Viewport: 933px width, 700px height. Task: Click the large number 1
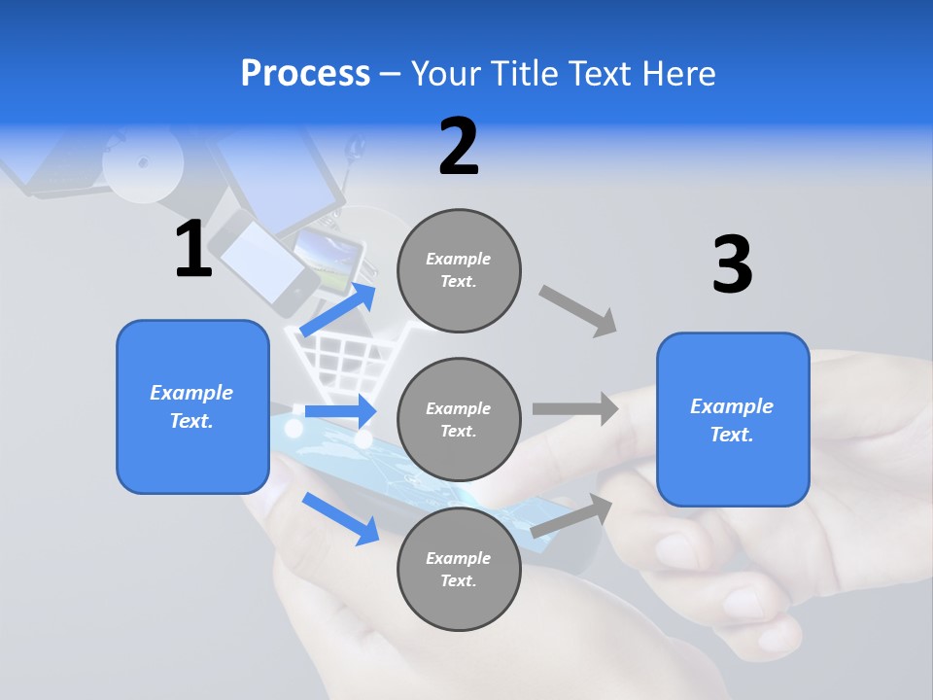pos(193,250)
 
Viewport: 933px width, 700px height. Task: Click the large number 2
pos(459,147)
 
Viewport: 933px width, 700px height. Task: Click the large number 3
pos(732,265)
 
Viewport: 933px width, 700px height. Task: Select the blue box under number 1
pos(192,406)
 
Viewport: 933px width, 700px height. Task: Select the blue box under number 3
pos(733,419)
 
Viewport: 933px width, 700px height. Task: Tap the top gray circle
pos(460,270)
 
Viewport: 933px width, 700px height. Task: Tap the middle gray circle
pos(460,419)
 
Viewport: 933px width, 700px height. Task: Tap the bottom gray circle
pos(460,569)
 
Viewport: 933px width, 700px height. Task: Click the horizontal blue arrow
pos(341,411)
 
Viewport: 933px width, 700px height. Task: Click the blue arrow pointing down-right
pos(341,517)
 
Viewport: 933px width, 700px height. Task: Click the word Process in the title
pos(305,73)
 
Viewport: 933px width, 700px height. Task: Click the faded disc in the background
pos(143,160)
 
